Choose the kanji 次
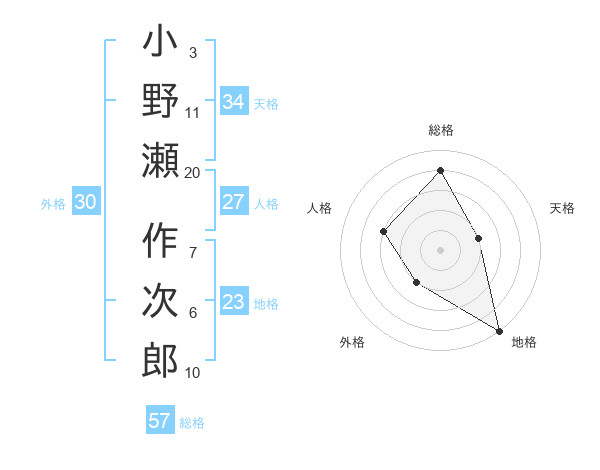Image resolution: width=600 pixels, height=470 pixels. coord(161,301)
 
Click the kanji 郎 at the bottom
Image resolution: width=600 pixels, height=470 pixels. coord(161,359)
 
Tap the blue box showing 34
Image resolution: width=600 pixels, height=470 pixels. coord(233,101)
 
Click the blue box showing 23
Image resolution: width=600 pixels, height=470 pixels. coord(233,302)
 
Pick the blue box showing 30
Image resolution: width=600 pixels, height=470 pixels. coord(85,202)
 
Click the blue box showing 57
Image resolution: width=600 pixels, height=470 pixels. coord(159,420)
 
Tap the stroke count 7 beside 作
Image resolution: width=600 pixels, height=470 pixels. coord(192,241)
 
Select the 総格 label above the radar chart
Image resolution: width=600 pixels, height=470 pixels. coord(440,130)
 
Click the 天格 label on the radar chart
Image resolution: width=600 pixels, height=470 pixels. coord(563,208)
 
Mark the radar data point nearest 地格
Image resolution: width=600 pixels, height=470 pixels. coord(499,329)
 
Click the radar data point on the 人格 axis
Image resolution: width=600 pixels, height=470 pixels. coord(384,232)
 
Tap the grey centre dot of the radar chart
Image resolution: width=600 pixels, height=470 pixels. coord(440,250)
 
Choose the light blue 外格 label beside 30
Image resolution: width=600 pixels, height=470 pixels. coord(53,203)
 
